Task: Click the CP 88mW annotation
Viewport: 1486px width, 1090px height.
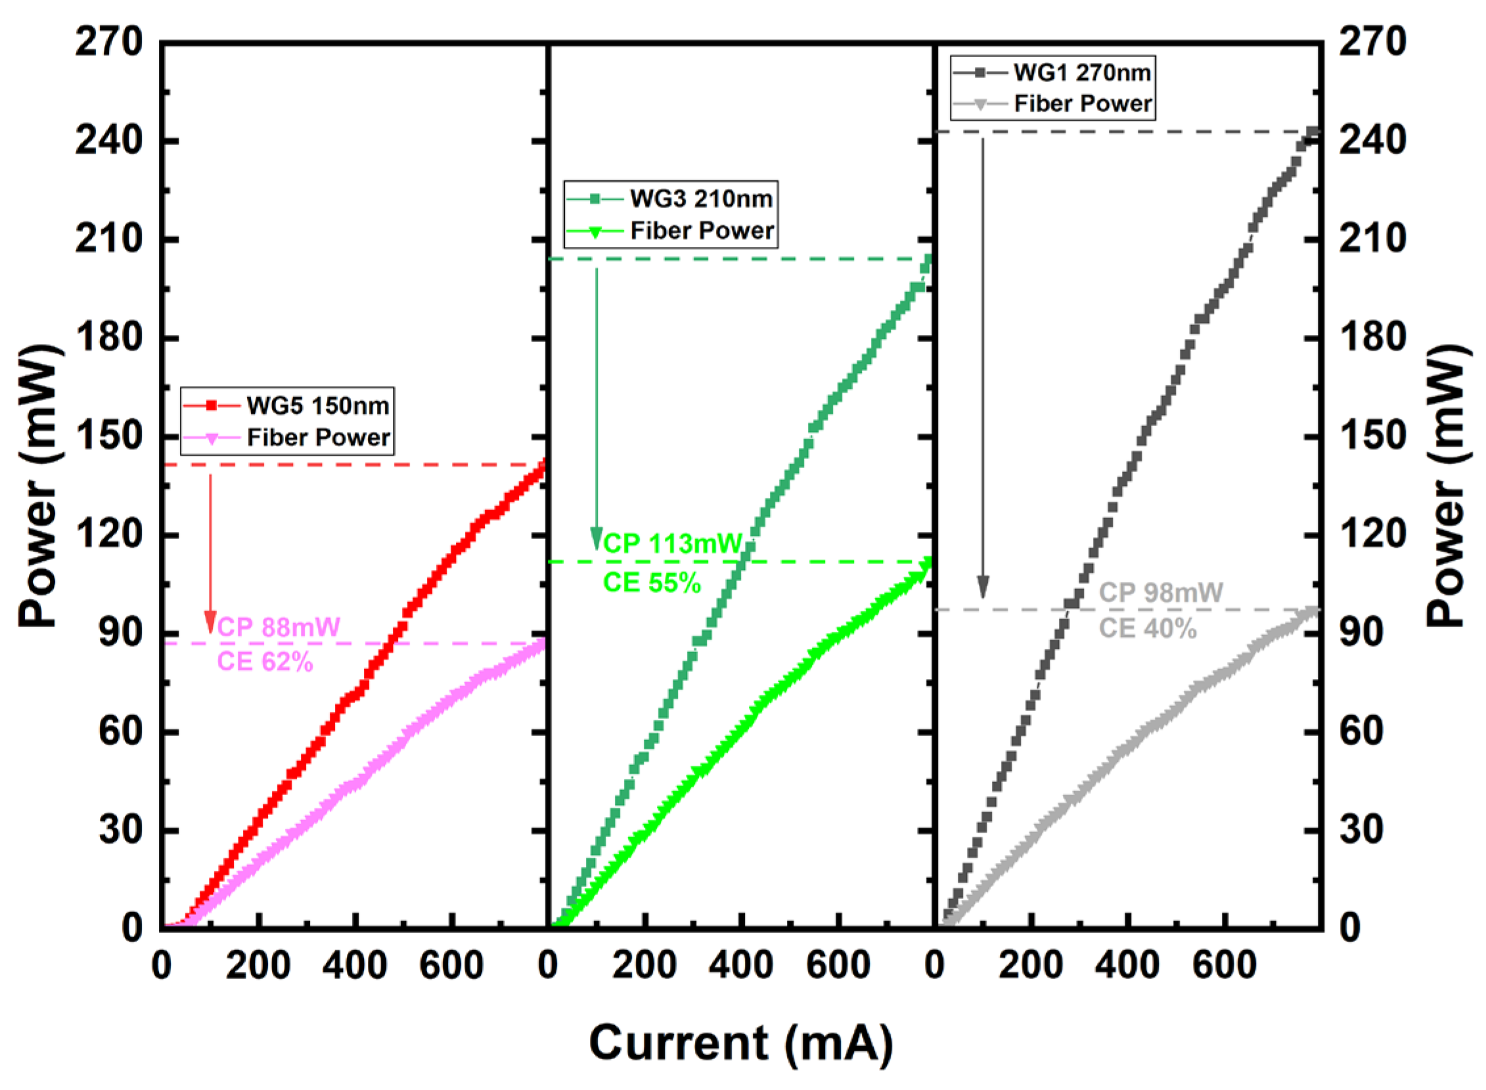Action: [x=278, y=627]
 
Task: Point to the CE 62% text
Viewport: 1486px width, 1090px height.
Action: [x=265, y=661]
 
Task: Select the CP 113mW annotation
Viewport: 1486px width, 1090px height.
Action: [x=673, y=544]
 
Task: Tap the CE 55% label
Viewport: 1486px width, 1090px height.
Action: [x=652, y=582]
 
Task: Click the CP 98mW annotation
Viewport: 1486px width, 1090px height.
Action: [x=1161, y=592]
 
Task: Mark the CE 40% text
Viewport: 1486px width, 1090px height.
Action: [x=1147, y=628]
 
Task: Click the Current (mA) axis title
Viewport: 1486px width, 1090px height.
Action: [x=740, y=1043]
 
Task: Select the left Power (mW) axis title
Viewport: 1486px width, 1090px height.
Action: [x=38, y=486]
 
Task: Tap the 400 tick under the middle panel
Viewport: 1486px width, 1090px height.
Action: [x=740, y=966]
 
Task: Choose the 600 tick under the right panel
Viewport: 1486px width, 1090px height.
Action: [x=1224, y=966]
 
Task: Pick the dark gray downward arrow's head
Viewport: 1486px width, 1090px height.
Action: [x=983, y=586]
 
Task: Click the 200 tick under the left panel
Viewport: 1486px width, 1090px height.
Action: [x=258, y=966]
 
